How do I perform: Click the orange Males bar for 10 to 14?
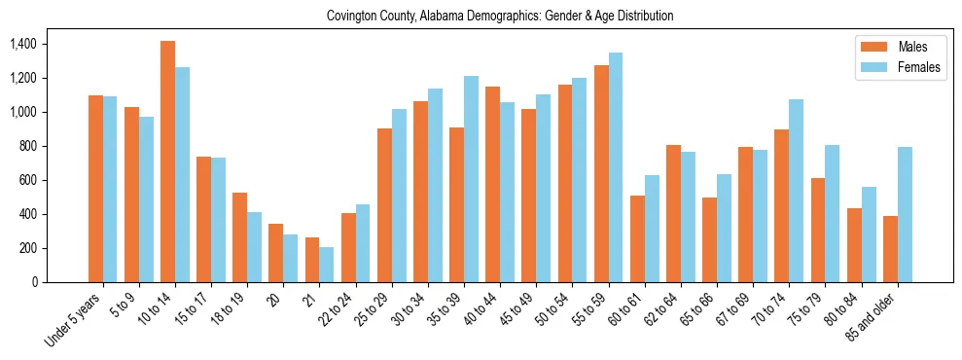coord(168,162)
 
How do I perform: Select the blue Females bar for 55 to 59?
coord(616,167)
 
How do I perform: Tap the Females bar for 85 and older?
coord(905,214)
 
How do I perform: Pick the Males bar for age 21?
coord(312,260)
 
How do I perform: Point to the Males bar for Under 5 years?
coord(95,189)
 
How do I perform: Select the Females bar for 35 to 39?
coord(471,179)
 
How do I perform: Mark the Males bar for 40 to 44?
coord(493,184)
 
